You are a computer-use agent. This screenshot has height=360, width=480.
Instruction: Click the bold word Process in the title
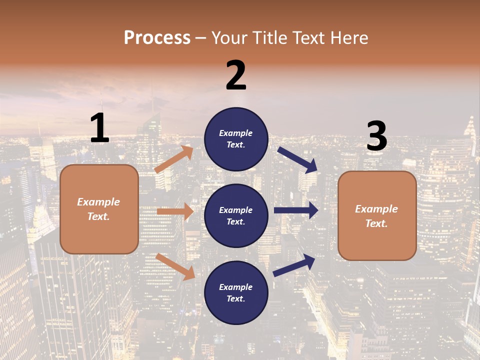[157, 37]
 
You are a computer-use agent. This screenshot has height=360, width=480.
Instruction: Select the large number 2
[236, 75]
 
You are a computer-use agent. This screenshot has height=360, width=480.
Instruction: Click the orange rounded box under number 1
[99, 209]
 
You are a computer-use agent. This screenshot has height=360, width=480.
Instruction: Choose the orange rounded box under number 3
[377, 216]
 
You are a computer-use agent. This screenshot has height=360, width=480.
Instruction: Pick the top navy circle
[236, 138]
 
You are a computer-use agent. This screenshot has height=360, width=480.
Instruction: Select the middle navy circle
[236, 215]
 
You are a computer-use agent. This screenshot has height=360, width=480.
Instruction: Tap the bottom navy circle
[236, 292]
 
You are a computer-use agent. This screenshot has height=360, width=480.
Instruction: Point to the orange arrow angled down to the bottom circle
[175, 266]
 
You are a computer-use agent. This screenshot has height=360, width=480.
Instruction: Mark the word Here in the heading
[348, 37]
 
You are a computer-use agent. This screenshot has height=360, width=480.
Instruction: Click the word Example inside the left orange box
[98, 202]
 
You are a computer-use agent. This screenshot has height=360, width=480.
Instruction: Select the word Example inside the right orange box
[376, 209]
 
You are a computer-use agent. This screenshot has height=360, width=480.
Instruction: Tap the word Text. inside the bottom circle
[236, 298]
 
